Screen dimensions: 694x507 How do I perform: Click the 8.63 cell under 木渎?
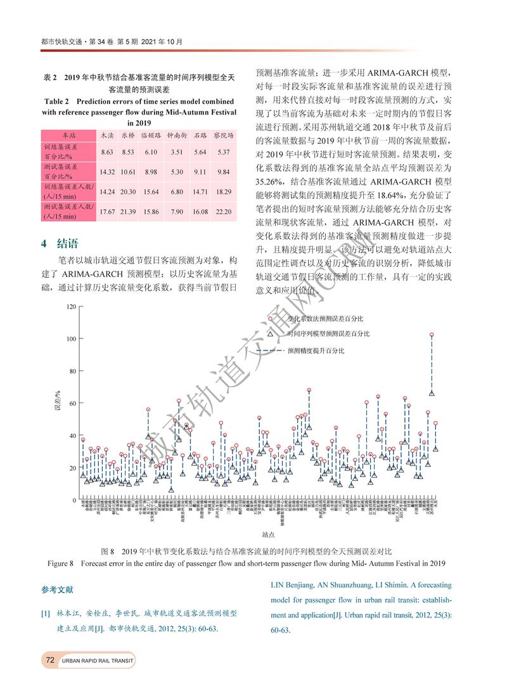[106, 152]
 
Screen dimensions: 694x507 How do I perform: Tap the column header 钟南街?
[177, 136]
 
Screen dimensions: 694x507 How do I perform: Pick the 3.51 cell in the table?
[177, 152]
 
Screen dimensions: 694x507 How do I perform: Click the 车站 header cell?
[68, 136]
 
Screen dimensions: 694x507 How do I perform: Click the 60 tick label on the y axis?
[72, 404]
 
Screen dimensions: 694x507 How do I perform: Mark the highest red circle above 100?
[432, 335]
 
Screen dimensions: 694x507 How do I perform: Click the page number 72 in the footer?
[49, 660]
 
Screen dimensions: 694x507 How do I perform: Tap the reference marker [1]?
[46, 614]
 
